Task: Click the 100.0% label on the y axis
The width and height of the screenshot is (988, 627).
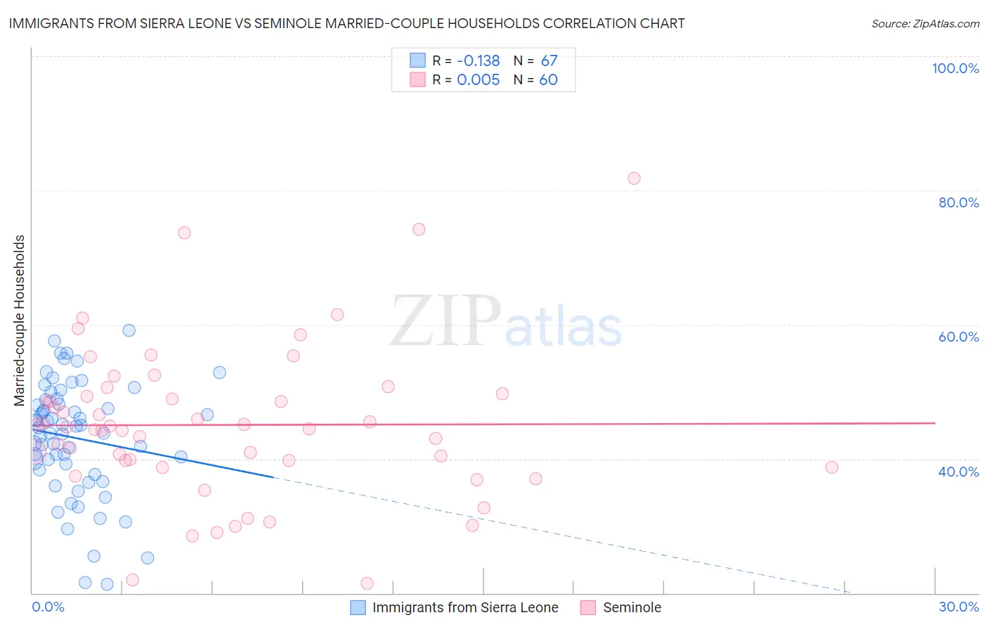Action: coord(955,68)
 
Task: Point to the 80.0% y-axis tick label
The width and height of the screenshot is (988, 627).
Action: coord(958,202)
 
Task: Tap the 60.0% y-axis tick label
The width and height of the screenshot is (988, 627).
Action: coord(958,337)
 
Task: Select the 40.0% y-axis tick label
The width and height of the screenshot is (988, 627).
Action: coord(958,472)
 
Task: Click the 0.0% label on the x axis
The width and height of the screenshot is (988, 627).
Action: coord(48,607)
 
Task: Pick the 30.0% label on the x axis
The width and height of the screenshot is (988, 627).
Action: coord(958,607)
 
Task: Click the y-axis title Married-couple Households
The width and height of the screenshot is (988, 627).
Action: coord(20,321)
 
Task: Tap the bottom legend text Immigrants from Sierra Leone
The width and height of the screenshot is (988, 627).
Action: coord(465,607)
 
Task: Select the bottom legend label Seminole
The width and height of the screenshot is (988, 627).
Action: coord(632,607)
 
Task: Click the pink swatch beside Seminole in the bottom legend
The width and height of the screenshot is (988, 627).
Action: coord(588,607)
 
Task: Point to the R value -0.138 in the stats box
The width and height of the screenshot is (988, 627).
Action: coord(478,61)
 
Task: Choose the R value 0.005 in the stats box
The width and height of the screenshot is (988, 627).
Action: coord(478,80)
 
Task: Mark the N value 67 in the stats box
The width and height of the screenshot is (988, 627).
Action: coord(549,61)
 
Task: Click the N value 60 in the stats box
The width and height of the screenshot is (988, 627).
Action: coord(548,80)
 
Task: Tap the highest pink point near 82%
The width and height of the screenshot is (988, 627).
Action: coord(634,179)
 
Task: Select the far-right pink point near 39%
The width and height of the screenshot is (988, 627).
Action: coord(831,467)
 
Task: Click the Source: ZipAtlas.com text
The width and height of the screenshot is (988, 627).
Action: coord(925,24)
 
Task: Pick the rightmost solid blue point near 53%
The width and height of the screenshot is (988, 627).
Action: coord(219,373)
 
